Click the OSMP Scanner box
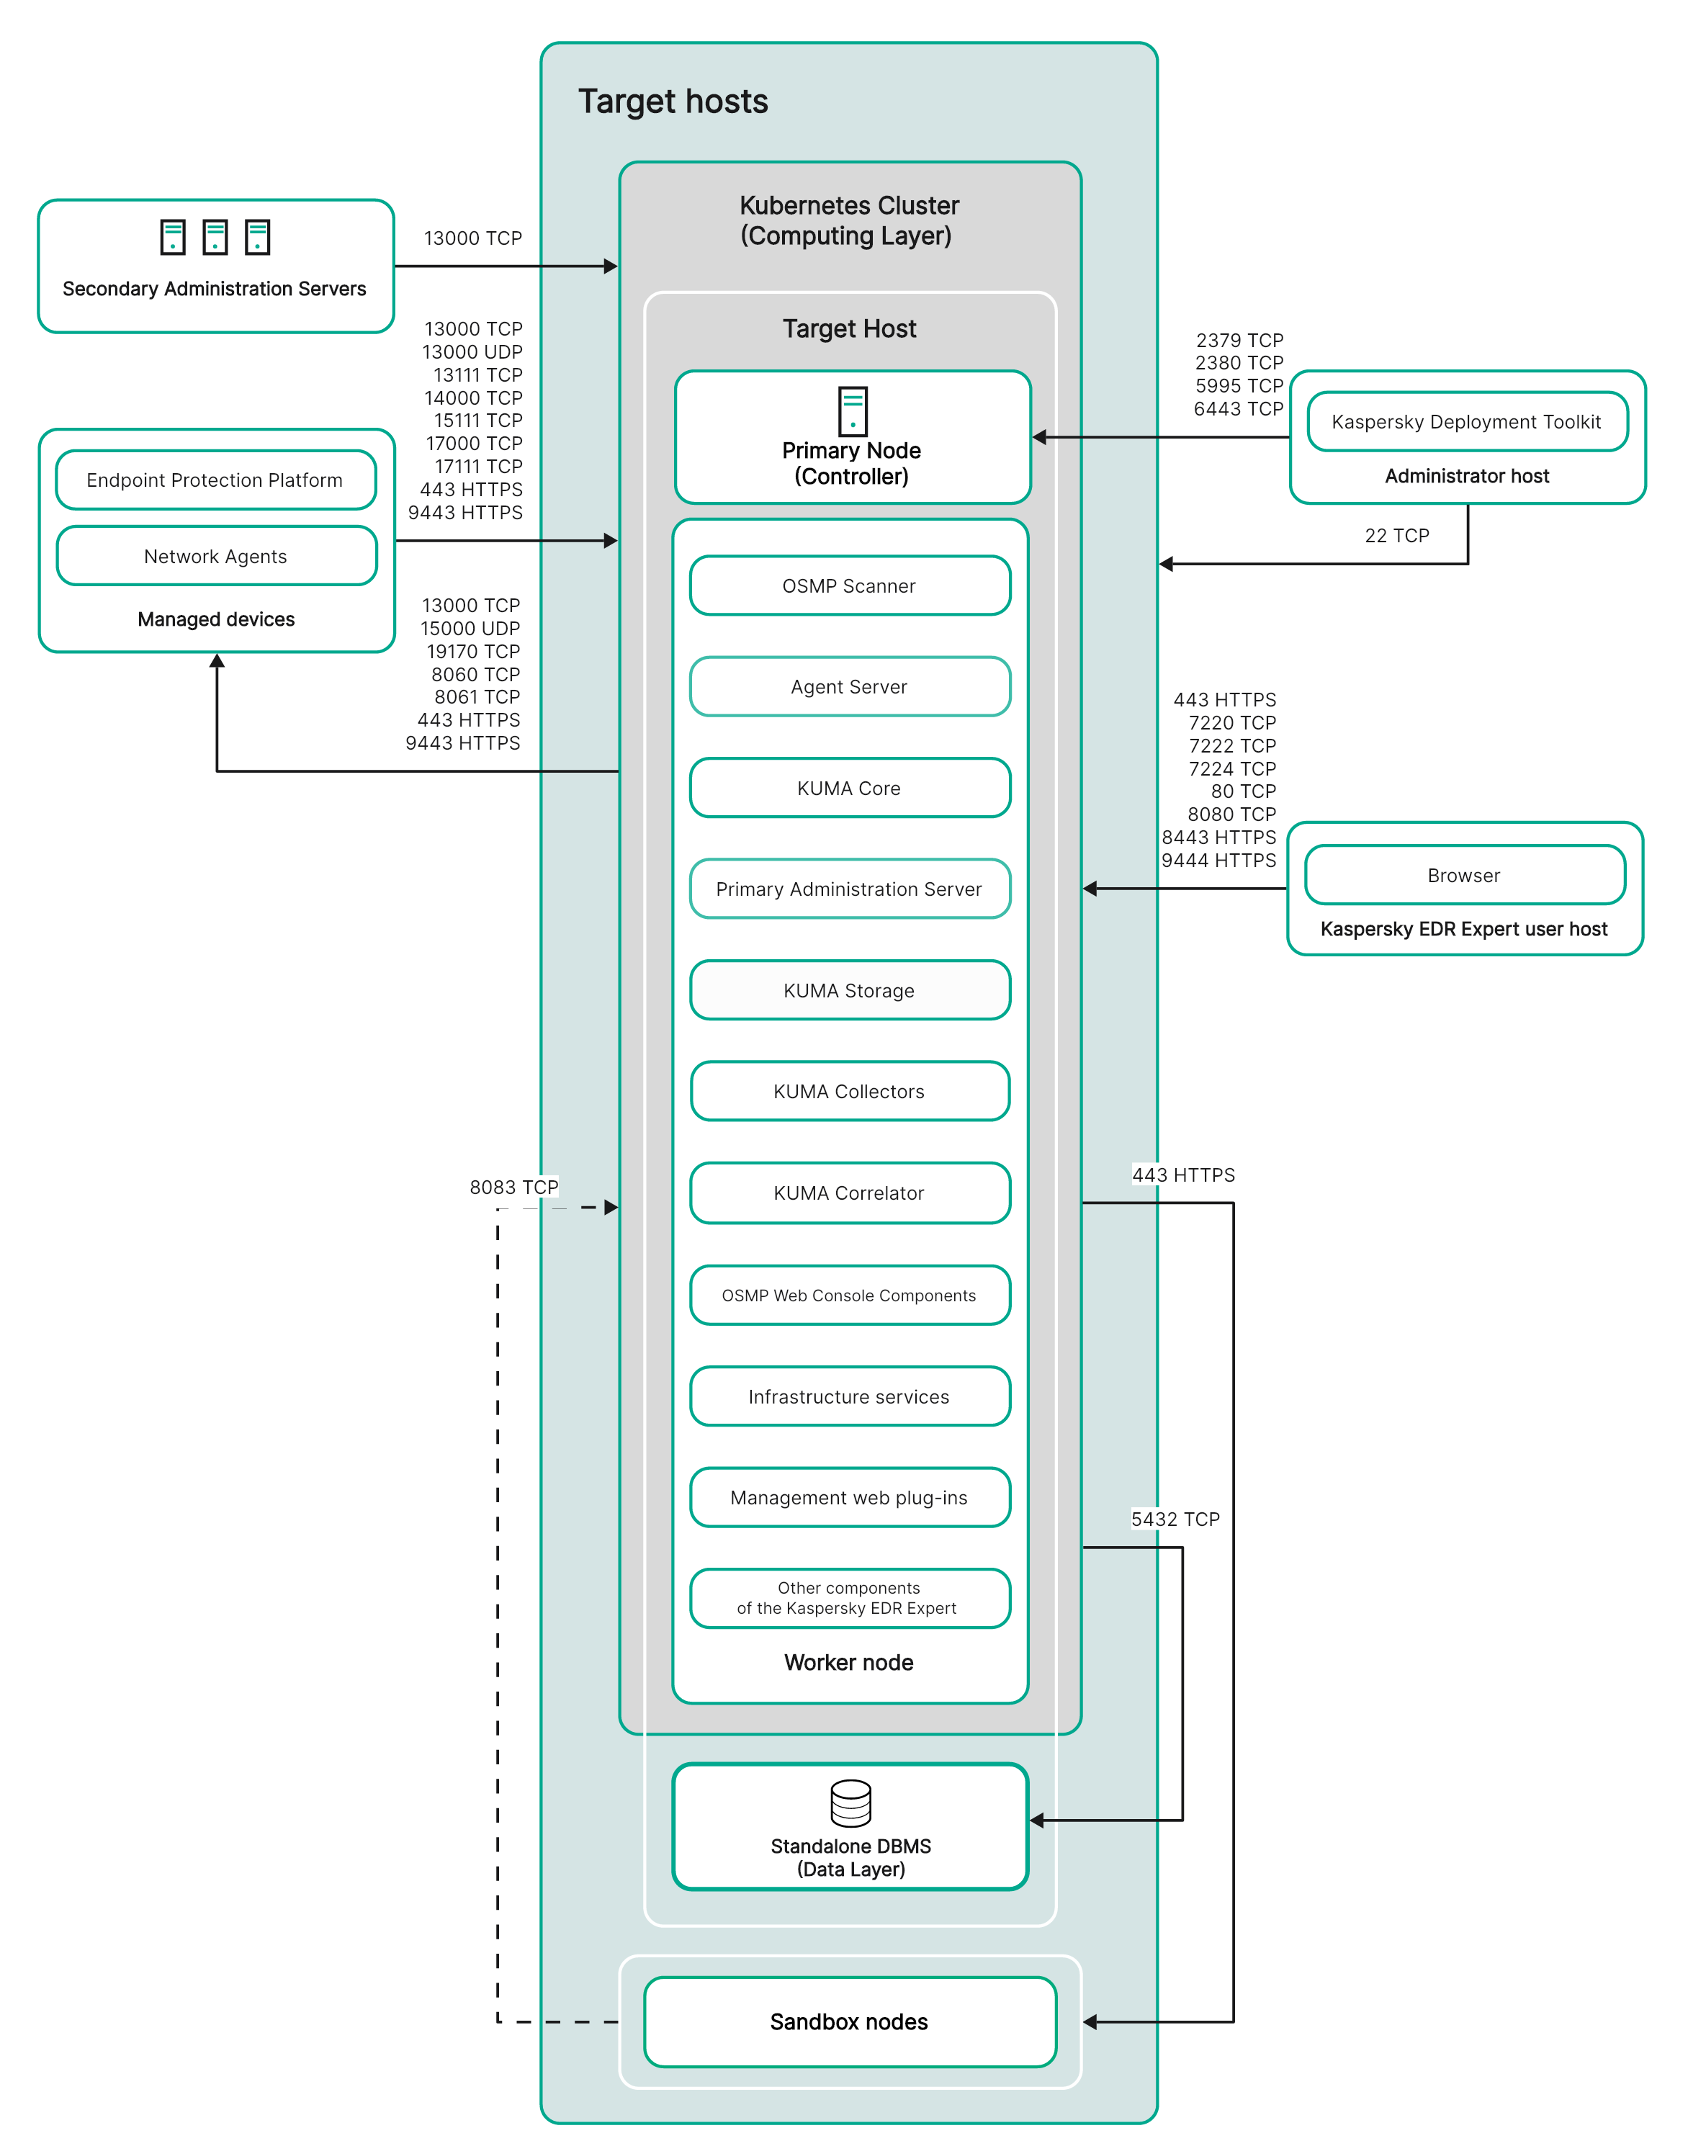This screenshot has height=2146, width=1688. (850, 586)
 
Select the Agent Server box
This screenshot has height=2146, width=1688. (850, 687)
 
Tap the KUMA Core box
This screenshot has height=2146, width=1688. (850, 789)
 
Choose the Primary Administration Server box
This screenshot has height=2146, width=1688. (850, 889)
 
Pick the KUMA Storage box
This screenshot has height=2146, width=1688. (850, 990)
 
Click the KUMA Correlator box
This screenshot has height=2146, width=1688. (850, 1193)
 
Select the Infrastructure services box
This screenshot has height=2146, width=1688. (850, 1397)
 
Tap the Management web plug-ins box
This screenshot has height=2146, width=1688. (850, 1498)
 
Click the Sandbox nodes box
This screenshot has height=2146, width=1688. (850, 2021)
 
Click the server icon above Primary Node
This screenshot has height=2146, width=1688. (853, 411)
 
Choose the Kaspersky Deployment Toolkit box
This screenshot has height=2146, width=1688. (1468, 422)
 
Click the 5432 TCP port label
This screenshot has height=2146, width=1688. (1175, 1519)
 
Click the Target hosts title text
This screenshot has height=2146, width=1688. (673, 101)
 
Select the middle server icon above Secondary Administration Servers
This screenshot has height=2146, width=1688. (215, 237)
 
